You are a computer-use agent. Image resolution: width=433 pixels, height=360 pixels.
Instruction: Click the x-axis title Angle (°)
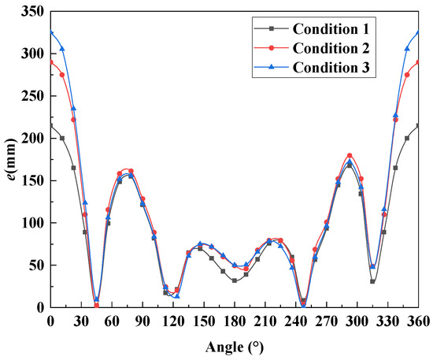pos(234,346)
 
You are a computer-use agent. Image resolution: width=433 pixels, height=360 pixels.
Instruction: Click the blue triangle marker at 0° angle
pos(51,33)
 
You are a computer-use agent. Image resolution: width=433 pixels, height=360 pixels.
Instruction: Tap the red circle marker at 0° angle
pos(51,61)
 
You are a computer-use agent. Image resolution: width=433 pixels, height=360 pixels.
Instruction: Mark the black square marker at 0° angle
pos(51,125)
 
